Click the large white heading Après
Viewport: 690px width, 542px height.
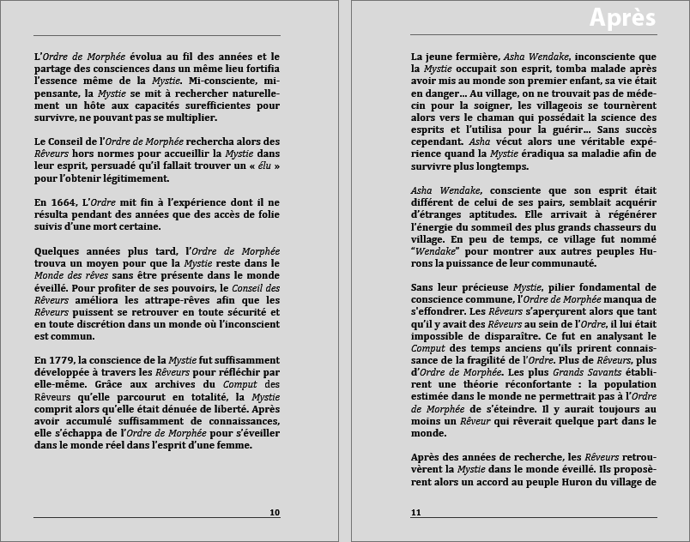[623, 18]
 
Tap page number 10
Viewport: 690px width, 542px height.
[274, 513]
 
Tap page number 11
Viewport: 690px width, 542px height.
[416, 513]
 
